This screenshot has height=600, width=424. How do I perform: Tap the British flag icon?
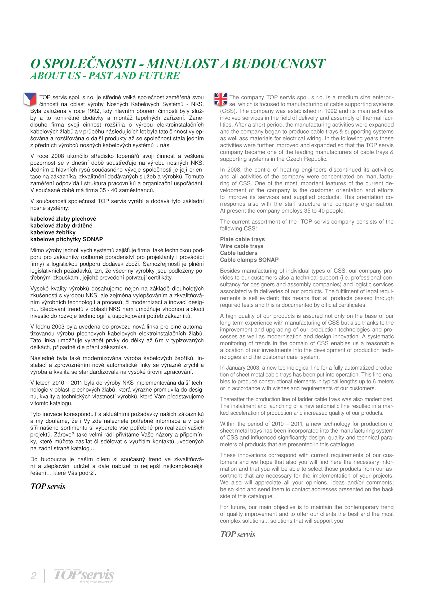click(220, 99)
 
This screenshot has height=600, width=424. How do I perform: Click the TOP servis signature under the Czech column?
click(48, 486)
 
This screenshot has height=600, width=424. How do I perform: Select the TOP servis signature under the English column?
click(238, 534)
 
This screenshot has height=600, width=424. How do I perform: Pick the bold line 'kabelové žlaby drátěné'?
click(61, 226)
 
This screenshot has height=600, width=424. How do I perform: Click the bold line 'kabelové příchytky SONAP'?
click(67, 239)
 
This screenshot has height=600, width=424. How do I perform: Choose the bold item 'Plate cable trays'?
click(242, 239)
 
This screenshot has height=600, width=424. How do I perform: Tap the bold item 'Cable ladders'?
click(238, 253)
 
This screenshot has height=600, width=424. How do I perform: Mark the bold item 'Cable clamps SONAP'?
click(249, 260)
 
